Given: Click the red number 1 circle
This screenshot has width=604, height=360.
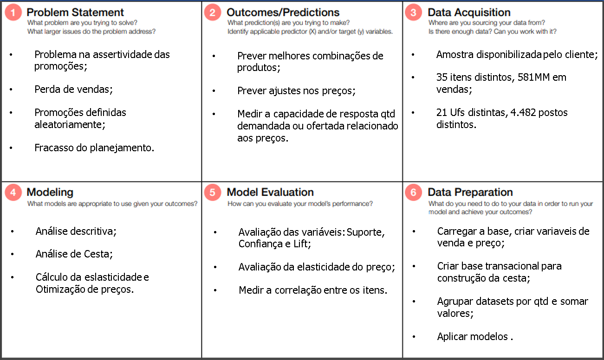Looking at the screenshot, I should tap(13, 13).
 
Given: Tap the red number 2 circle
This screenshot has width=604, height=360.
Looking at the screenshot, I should tap(212, 13).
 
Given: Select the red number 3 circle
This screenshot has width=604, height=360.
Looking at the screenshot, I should tap(413, 13).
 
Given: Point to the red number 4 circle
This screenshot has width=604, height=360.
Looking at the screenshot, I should tap(13, 192).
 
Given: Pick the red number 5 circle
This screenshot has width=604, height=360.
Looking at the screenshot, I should tap(212, 192).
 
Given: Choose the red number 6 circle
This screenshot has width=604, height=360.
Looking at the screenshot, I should tap(413, 192).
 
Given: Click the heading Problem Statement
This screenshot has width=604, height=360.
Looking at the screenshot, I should tap(75, 13).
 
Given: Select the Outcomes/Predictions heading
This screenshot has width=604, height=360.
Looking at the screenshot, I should tap(283, 13).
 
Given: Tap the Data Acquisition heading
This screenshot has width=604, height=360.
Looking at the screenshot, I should tap(469, 13).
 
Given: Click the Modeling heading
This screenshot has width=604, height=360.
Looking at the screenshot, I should tap(50, 192).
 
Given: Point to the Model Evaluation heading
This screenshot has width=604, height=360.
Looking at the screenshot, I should tap(270, 192).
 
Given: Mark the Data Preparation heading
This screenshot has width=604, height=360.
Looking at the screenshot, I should tap(470, 192).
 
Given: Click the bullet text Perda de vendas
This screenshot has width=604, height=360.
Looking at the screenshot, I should tap(73, 89).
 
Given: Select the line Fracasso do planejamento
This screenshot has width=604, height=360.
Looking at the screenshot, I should tap(94, 148).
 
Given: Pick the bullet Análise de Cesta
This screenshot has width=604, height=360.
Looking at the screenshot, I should tap(74, 254).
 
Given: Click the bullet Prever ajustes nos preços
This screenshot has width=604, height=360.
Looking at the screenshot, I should tap(296, 91).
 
